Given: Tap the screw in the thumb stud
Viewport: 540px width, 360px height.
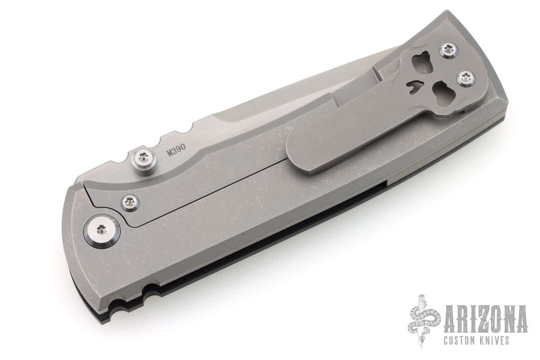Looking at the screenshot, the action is [143, 159].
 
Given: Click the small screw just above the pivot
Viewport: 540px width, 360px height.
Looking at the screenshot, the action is [130, 202].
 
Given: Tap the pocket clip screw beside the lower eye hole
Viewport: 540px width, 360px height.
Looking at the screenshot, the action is [466, 77].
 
